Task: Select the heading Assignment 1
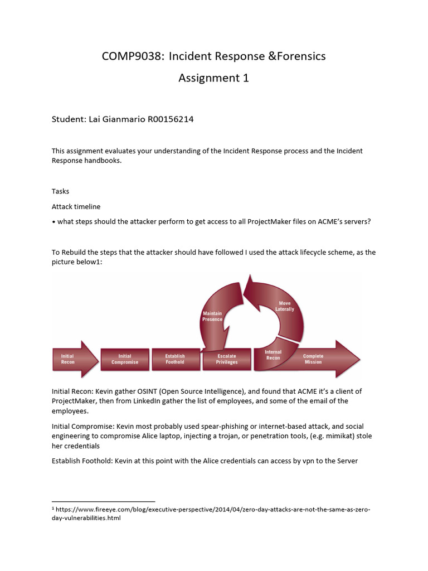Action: click(213, 78)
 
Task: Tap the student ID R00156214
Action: click(171, 119)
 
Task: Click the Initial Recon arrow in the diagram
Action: click(68, 359)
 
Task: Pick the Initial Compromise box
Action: click(125, 359)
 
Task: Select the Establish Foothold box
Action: click(175, 359)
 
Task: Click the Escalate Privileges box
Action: click(227, 359)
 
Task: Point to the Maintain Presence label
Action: click(212, 316)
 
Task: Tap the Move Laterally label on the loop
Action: click(284, 306)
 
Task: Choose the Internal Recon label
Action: click(273, 355)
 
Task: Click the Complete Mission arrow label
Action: click(313, 359)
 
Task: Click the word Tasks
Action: click(60, 191)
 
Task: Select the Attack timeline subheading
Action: click(76, 207)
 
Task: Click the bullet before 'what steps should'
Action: click(53, 222)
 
